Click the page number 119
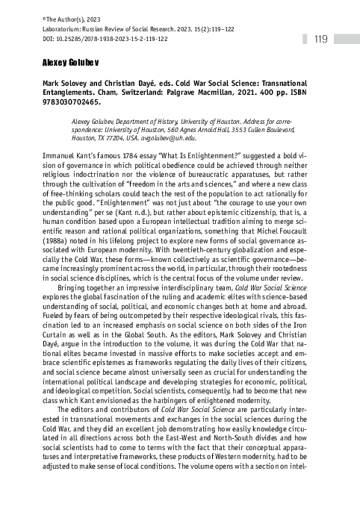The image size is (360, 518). pos(323,39)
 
